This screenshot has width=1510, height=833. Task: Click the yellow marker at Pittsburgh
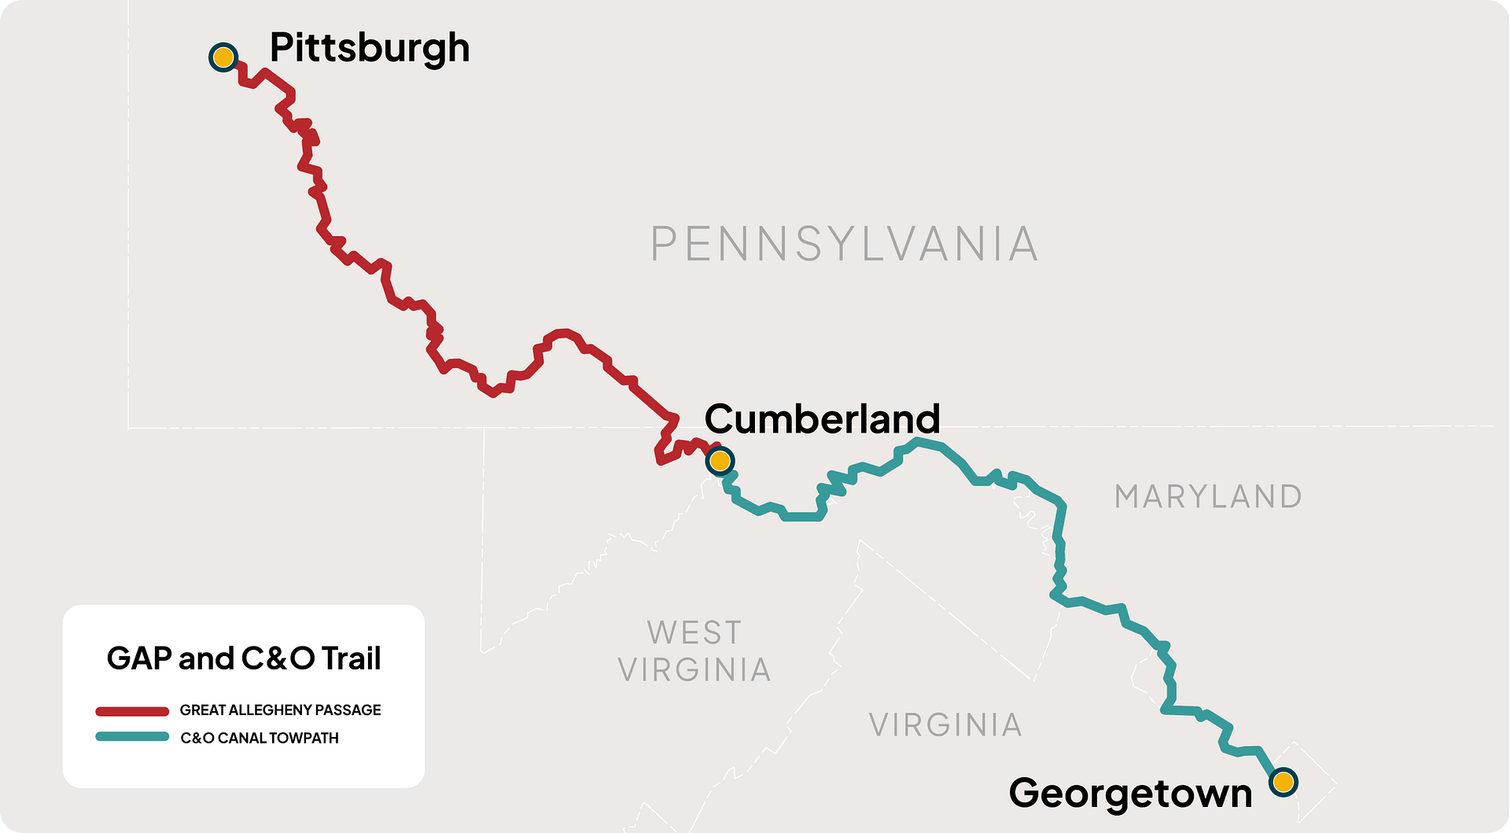pos(223,57)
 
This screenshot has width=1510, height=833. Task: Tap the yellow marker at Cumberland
pos(720,461)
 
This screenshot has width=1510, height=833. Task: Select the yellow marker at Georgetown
pos(1283,782)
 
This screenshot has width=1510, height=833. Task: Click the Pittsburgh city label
pos(370,49)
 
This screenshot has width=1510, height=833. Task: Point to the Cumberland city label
pos(822,418)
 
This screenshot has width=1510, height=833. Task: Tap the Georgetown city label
pos(1130,794)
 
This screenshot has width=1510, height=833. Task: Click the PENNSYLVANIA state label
pos(844,244)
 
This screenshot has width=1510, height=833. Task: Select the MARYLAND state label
pos(1208,497)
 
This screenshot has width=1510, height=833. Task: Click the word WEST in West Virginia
pos(694,633)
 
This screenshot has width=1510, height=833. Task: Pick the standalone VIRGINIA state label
pos(945,725)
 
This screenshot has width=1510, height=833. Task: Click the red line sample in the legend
pos(132,711)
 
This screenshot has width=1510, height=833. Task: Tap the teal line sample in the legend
pos(132,737)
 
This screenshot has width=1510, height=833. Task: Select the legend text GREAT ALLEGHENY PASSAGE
pos(280,710)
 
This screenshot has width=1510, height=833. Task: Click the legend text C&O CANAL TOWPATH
pos(260,738)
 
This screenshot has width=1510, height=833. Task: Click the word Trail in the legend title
pos(351,659)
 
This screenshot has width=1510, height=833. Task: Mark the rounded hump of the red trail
pos(562,334)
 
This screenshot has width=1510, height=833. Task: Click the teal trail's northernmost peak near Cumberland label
pos(918,443)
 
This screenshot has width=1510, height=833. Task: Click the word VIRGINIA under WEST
pos(694,670)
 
